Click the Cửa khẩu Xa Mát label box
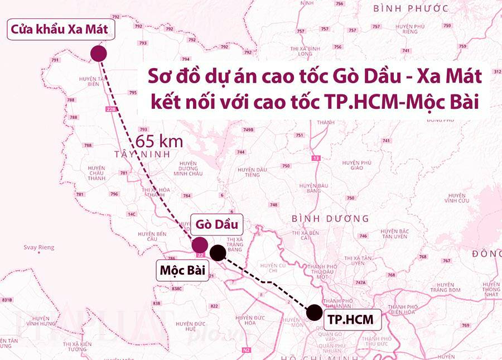[x=57, y=30]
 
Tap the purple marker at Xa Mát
[x=98, y=54]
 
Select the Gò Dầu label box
[x=217, y=225]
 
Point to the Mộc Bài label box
[x=182, y=271]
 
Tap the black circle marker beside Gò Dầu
[x=218, y=252]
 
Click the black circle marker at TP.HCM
[x=314, y=312]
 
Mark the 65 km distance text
[x=160, y=141]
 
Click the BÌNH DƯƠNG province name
[x=330, y=218]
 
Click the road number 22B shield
[x=110, y=109]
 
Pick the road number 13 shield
[x=317, y=159]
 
